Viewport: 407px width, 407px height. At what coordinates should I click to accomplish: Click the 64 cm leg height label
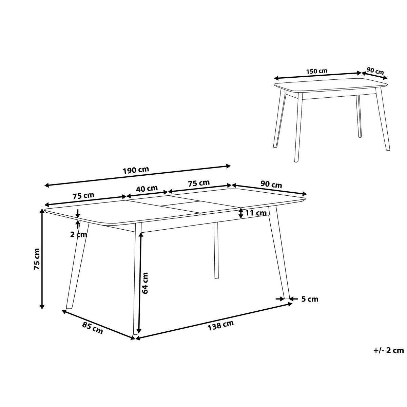coord(146,283)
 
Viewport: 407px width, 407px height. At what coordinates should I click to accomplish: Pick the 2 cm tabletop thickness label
coord(79,234)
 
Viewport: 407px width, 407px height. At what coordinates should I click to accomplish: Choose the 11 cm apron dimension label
coord(256,213)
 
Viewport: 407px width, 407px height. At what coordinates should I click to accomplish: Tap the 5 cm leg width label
coord(310,299)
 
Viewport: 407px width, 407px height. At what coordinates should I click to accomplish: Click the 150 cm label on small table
coord(316,71)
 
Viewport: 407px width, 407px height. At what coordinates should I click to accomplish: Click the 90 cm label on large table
coord(271,185)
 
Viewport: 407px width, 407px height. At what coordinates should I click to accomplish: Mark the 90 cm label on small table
coord(375,71)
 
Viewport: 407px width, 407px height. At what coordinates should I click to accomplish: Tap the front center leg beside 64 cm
coord(137,278)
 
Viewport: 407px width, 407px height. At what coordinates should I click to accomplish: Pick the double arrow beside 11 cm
coord(240,213)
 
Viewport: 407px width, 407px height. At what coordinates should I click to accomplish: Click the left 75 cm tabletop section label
coord(83,196)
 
